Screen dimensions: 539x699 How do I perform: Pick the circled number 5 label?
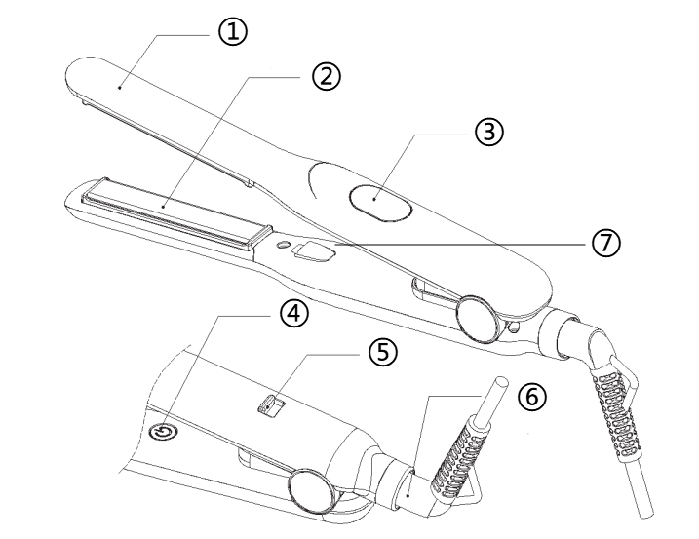[383, 352]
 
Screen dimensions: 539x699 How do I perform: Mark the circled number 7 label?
[605, 243]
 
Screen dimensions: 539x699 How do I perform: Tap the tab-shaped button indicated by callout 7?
[312, 254]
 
